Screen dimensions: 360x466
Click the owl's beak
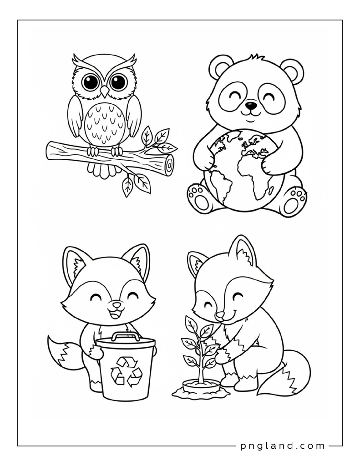[x=104, y=91]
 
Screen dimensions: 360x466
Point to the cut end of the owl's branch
[x=169, y=164]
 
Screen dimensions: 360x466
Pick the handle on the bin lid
[x=126, y=336]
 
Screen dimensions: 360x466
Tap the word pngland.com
[x=282, y=446]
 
